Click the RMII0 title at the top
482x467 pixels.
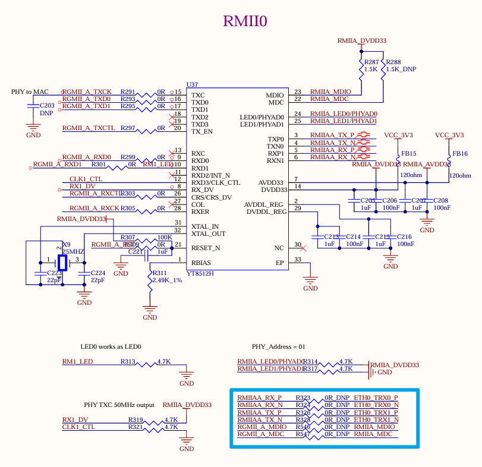point(245,21)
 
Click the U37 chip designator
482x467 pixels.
point(192,85)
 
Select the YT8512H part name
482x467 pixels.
point(200,273)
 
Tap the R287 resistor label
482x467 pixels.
point(371,62)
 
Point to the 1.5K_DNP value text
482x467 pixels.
point(401,69)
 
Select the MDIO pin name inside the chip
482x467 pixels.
point(275,95)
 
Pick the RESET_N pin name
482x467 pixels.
point(206,248)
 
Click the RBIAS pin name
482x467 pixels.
point(201,263)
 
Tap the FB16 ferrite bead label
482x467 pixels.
point(460,153)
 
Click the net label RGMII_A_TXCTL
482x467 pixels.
point(89,128)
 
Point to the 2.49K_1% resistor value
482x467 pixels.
point(167,280)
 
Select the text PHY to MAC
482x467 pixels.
point(30,91)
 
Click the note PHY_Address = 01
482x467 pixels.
point(278,346)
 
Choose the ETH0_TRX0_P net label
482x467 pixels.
point(376,397)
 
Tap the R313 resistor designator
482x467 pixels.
point(128,361)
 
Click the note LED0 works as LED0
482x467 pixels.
point(111,346)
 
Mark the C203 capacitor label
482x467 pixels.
point(48,105)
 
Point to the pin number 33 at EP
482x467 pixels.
point(298,259)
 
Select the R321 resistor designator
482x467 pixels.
point(136,427)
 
